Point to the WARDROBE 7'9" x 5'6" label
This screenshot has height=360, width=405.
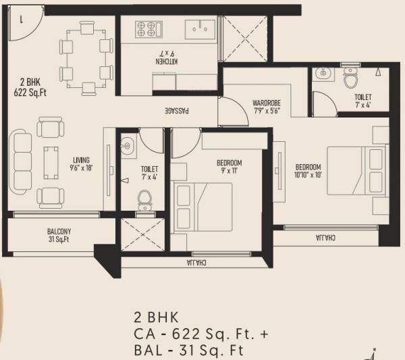(267, 107)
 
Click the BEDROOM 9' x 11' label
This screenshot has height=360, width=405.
(229, 167)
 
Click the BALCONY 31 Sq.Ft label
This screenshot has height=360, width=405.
(59, 236)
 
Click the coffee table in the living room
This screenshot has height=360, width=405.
(51, 162)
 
